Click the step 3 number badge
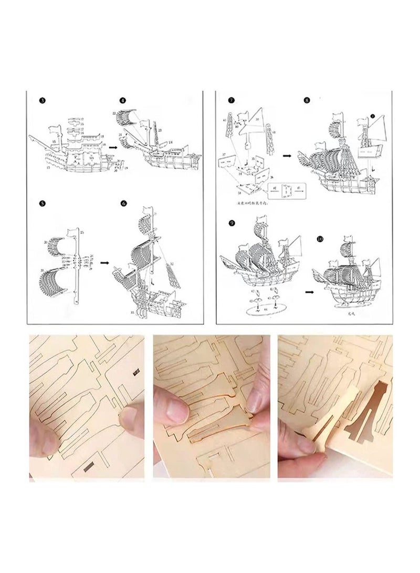pos(42,100)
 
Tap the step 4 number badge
pos(122,100)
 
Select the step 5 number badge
pos(42,202)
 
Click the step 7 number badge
pos(231,100)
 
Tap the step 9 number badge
pos(232,222)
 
